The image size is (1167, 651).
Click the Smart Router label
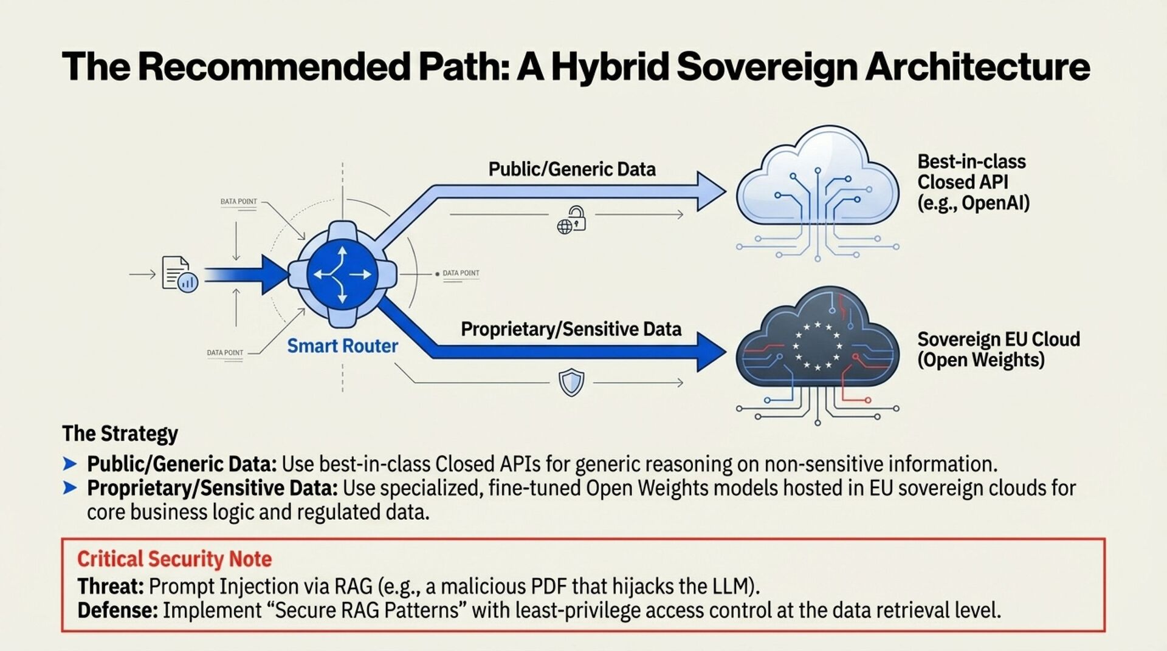point(342,346)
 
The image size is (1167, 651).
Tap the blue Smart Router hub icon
point(342,274)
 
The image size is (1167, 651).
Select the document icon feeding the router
point(179,274)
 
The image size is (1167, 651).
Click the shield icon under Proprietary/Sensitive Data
point(571,383)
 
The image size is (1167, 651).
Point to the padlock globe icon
point(571,220)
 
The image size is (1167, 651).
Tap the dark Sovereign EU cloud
point(818,346)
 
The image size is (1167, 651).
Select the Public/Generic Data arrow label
point(572,169)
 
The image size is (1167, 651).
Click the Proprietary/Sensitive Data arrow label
point(571,329)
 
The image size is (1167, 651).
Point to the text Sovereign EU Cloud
point(998,339)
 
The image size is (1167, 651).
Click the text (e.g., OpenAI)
point(973,203)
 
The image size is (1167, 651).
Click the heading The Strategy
point(120,434)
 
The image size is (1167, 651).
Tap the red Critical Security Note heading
point(174,559)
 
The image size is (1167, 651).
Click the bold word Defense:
point(117,610)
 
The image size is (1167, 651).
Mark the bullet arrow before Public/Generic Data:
point(70,465)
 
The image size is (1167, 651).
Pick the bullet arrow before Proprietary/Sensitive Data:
point(70,488)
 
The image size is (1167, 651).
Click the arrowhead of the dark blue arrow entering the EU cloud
point(711,352)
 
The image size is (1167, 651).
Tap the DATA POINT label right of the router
point(461,273)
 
